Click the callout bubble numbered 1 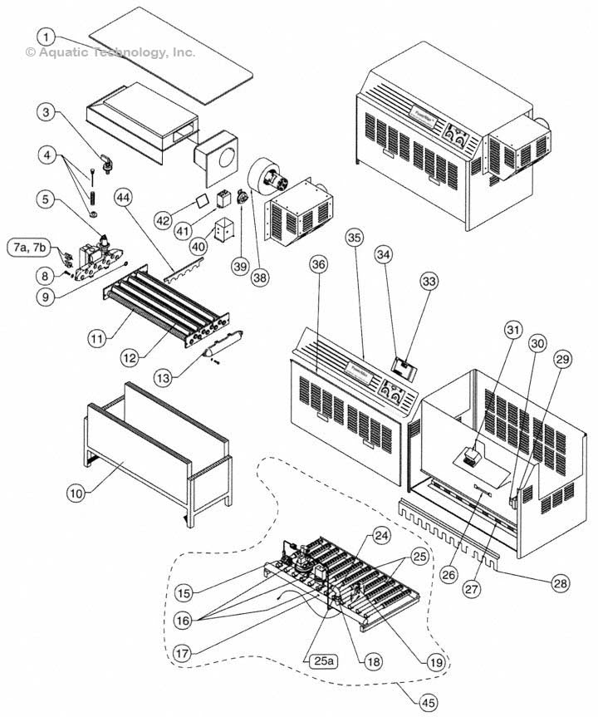pyautogui.click(x=48, y=37)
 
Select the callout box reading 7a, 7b pyautogui.click(x=29, y=247)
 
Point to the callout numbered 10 pyautogui.click(x=76, y=493)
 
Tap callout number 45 pyautogui.click(x=427, y=703)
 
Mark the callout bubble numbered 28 pyautogui.click(x=561, y=584)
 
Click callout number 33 pyautogui.click(x=429, y=282)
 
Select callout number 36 pyautogui.click(x=318, y=264)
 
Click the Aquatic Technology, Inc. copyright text pyautogui.click(x=111, y=52)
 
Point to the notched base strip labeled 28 pyautogui.click(x=465, y=532)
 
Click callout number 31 pyautogui.click(x=513, y=331)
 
